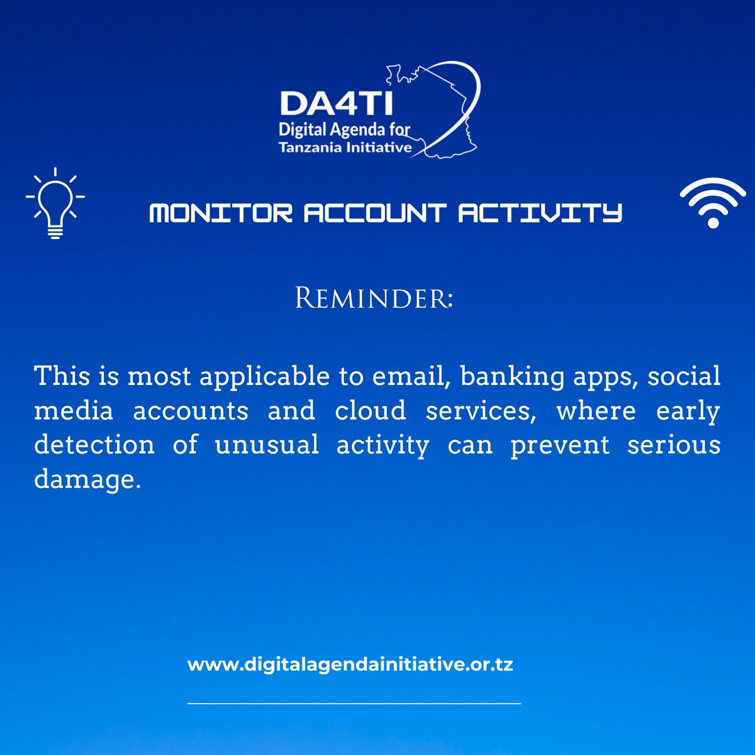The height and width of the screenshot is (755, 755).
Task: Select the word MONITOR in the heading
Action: pos(221,213)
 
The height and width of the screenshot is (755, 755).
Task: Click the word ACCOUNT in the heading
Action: pos(375,213)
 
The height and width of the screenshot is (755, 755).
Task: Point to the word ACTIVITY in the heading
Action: pos(540,213)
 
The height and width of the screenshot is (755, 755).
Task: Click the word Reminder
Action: pos(374,298)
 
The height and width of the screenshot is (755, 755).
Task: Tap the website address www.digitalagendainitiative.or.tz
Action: pos(350,664)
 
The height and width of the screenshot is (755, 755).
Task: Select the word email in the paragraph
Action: pos(413,376)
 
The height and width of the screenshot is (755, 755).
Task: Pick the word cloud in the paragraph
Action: pos(370,411)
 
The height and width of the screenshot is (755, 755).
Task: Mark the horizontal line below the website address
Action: pos(354,703)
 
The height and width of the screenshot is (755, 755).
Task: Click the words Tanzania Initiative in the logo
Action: pos(345,148)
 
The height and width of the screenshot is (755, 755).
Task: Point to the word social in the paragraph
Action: pos(684,376)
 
